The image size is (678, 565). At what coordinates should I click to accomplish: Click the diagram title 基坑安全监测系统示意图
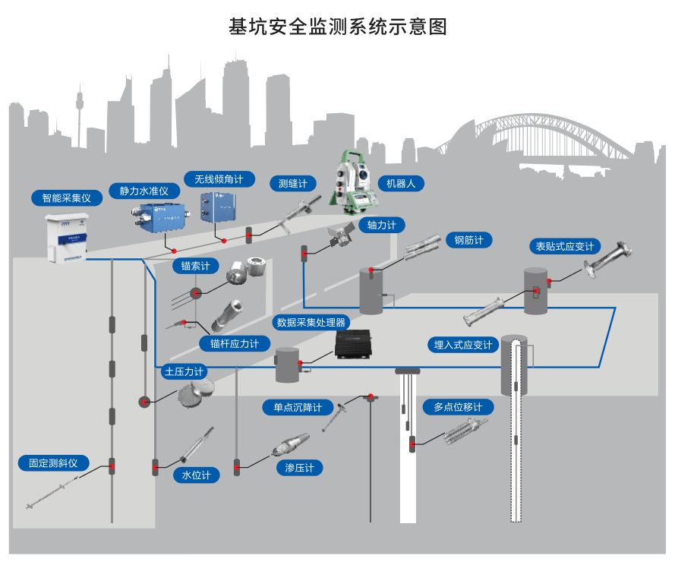coord(338,27)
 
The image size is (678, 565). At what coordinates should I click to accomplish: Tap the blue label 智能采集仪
coord(66,198)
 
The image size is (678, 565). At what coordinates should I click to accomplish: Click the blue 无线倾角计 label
coord(219,179)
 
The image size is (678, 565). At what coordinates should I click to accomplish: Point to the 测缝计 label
coord(292,183)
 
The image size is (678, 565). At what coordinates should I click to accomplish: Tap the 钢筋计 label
coord(468,240)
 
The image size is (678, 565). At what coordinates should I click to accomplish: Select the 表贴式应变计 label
coord(564,246)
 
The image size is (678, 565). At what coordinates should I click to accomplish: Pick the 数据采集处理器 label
coord(311,322)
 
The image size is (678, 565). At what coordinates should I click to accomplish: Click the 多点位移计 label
coord(458,407)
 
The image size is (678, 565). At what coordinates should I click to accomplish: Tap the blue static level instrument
coord(156,212)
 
